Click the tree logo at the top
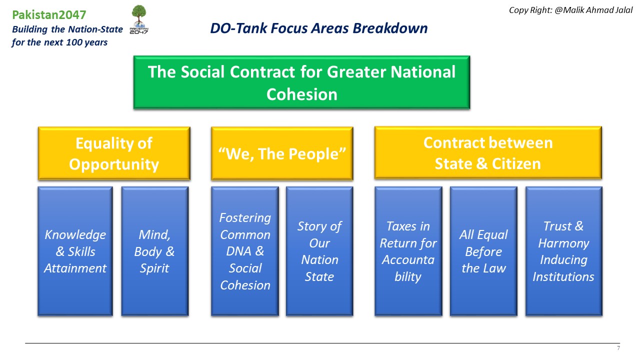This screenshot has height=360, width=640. click(x=139, y=19)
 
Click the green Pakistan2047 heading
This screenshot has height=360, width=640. click(x=49, y=15)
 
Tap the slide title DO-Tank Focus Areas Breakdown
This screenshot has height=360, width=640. click(x=319, y=28)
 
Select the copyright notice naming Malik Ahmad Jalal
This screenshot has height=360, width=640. click(x=570, y=10)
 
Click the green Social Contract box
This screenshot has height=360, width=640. click(x=301, y=82)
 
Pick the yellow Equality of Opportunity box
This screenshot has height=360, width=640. click(x=114, y=153)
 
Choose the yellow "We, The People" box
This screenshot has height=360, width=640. click(x=282, y=153)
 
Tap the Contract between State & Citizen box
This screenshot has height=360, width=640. click(x=488, y=153)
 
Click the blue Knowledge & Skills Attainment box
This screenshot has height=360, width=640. click(x=75, y=251)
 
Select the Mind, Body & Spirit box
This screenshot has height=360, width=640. click(x=155, y=251)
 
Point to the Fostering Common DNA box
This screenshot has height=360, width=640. click(x=245, y=251)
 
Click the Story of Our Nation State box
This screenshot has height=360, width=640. click(x=319, y=251)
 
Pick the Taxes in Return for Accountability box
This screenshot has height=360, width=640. click(x=408, y=251)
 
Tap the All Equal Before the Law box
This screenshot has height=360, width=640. click(x=483, y=251)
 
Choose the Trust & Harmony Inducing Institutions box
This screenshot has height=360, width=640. click(x=563, y=251)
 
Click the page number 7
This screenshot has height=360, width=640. click(x=618, y=348)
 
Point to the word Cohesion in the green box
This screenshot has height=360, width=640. click(x=301, y=94)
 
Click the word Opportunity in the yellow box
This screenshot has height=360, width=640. click(x=114, y=165)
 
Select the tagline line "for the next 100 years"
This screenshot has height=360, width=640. click(x=59, y=42)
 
